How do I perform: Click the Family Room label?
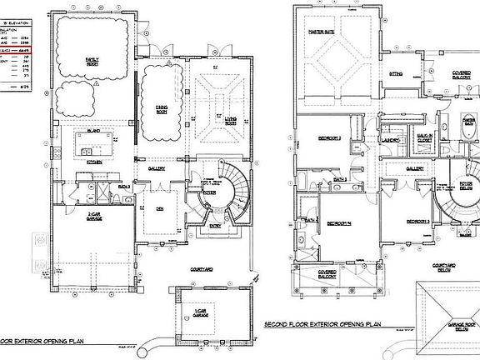pos(92,60)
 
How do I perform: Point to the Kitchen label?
pos(94,162)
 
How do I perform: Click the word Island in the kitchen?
pos(94,131)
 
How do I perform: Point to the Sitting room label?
pos(396,74)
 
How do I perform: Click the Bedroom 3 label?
pos(417,221)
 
